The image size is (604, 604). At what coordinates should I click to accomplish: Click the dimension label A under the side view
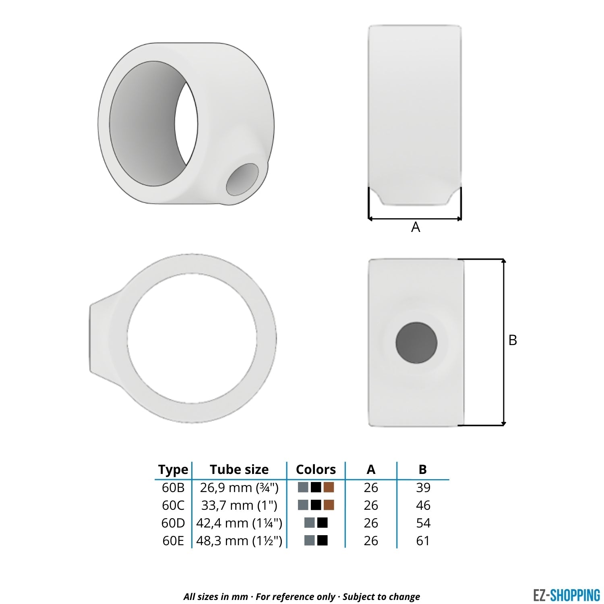(x=416, y=228)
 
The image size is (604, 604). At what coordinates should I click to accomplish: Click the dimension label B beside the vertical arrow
(x=513, y=340)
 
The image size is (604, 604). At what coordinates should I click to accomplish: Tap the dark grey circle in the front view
(x=416, y=343)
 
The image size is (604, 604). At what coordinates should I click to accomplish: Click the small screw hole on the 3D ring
(x=242, y=179)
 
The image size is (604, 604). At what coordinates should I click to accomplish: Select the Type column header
(x=173, y=470)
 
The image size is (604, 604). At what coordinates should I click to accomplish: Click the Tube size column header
(x=239, y=470)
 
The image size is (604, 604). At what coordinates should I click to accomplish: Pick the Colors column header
(x=316, y=470)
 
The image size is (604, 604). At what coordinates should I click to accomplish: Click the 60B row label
(x=173, y=488)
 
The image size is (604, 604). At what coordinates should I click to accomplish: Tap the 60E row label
(x=173, y=541)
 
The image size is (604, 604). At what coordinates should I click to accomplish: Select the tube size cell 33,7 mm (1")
(x=239, y=505)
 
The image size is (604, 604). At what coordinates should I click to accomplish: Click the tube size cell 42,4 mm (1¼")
(x=239, y=523)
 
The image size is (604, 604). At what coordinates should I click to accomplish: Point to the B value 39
(x=423, y=488)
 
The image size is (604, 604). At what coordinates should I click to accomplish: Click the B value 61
(x=423, y=541)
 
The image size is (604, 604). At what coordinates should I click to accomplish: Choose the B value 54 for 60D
(x=423, y=523)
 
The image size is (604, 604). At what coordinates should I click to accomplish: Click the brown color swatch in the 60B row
(x=329, y=487)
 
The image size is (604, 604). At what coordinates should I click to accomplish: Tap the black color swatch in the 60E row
(x=323, y=540)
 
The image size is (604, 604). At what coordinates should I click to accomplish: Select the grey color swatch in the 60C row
(x=303, y=505)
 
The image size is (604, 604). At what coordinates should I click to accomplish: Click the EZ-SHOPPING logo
(x=566, y=595)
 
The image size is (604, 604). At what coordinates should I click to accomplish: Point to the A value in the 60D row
(x=371, y=523)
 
